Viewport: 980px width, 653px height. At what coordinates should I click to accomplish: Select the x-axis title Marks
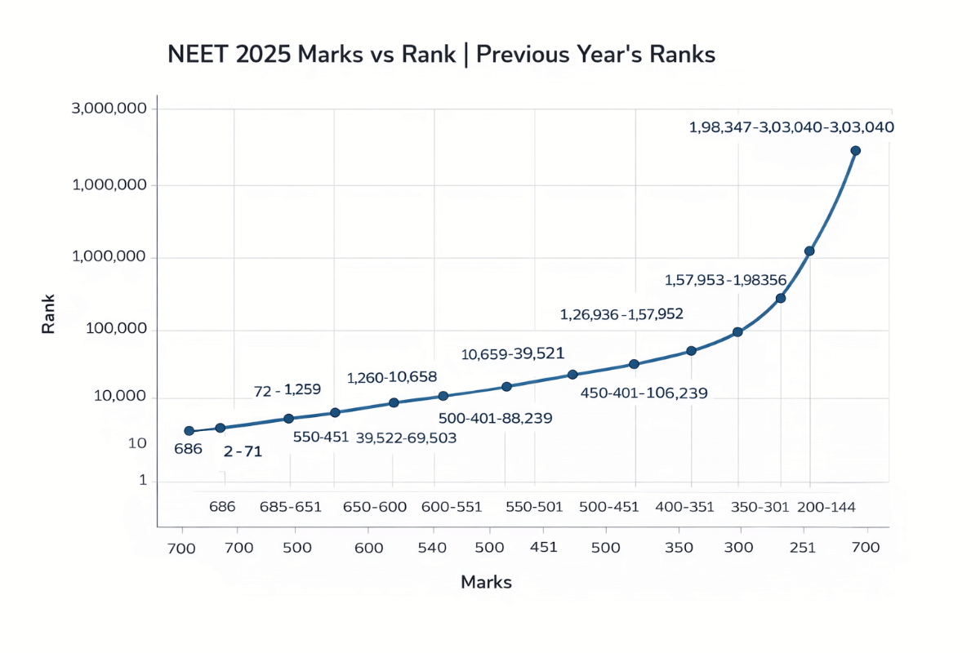click(x=486, y=582)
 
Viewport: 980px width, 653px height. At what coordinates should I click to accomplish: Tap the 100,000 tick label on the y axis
click(x=115, y=330)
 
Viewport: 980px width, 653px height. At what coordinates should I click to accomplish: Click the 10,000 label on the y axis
click(x=118, y=398)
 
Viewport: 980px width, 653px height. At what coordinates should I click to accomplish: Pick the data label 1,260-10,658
click(x=392, y=377)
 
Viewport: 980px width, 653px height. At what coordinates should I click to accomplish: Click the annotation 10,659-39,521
click(x=513, y=353)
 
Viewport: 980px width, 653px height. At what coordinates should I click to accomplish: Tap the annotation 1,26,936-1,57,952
click(x=621, y=313)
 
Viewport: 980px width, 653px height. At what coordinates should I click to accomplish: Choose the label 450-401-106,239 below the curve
click(x=644, y=393)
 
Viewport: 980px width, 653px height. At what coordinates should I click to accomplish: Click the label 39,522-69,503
click(x=406, y=438)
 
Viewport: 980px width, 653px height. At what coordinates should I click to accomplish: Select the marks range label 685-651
click(x=291, y=507)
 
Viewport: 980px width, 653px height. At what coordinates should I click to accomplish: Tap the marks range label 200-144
click(x=827, y=507)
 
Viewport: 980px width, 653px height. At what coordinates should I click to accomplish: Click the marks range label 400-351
click(x=685, y=507)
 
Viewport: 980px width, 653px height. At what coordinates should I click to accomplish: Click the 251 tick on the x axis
click(x=803, y=548)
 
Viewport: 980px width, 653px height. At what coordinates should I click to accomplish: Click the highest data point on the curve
click(x=855, y=151)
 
